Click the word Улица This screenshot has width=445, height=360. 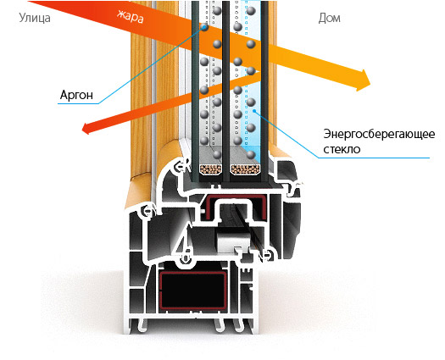point(35,18)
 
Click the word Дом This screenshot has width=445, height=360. point(329,18)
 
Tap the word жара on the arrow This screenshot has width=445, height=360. point(131,16)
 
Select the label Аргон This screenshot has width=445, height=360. point(76,95)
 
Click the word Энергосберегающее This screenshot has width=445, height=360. point(379,134)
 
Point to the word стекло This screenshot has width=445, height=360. point(342,149)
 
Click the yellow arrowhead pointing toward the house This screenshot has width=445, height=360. point(363,80)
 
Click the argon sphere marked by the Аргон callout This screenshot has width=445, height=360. point(204,27)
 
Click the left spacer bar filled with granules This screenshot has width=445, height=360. point(210,169)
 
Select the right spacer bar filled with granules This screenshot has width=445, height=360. point(246,169)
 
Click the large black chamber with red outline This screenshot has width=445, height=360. point(192,291)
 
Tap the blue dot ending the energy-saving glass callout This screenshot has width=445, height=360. point(254,111)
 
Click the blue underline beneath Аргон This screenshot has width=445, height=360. point(78,103)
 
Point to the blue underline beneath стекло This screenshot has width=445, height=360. point(374,158)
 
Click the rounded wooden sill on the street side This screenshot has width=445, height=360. point(142,193)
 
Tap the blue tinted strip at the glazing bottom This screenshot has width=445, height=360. point(251,155)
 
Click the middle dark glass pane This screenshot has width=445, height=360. point(226,91)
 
